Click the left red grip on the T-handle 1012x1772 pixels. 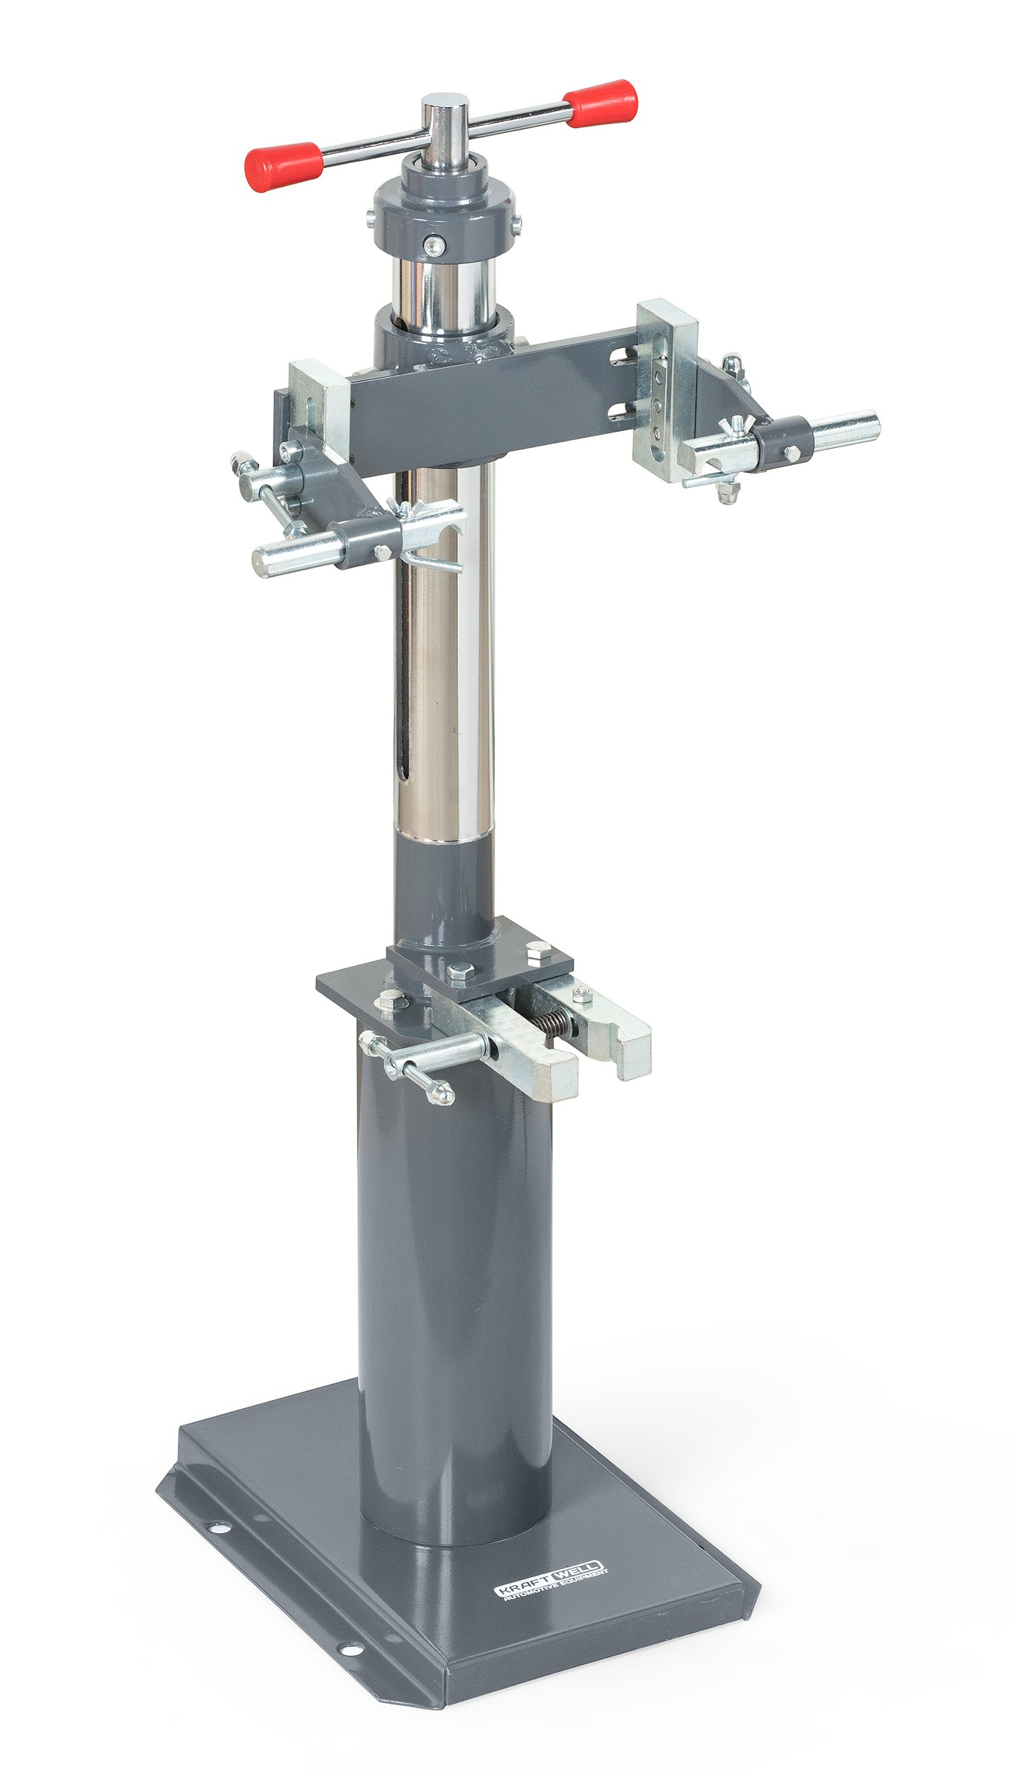click(x=283, y=167)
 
